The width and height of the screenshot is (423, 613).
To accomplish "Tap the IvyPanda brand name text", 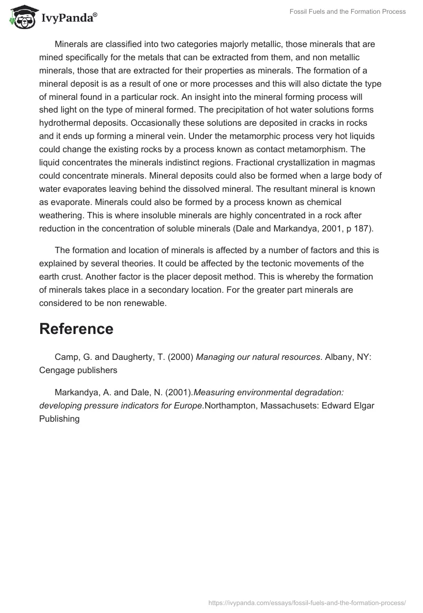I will coord(69,18).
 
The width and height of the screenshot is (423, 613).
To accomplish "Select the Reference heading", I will coord(76,329).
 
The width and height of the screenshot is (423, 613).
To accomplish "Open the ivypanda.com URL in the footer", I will coord(307,602).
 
